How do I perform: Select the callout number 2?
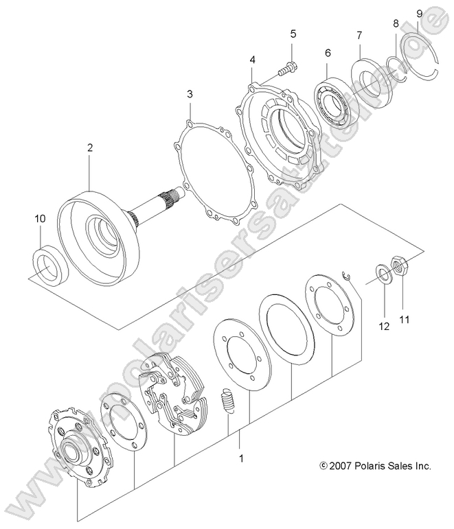[89, 147]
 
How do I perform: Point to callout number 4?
[253, 60]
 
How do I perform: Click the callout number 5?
[292, 34]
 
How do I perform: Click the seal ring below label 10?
[49, 266]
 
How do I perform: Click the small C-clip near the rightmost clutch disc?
[348, 275]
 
